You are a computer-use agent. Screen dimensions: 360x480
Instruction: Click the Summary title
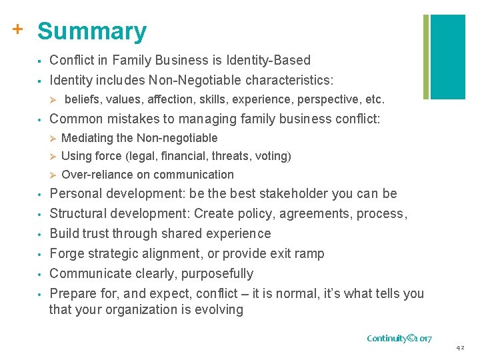(x=92, y=31)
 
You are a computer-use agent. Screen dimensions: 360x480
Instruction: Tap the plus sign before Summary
(x=18, y=29)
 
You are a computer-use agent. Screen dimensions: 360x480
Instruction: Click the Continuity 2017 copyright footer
(x=400, y=338)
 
